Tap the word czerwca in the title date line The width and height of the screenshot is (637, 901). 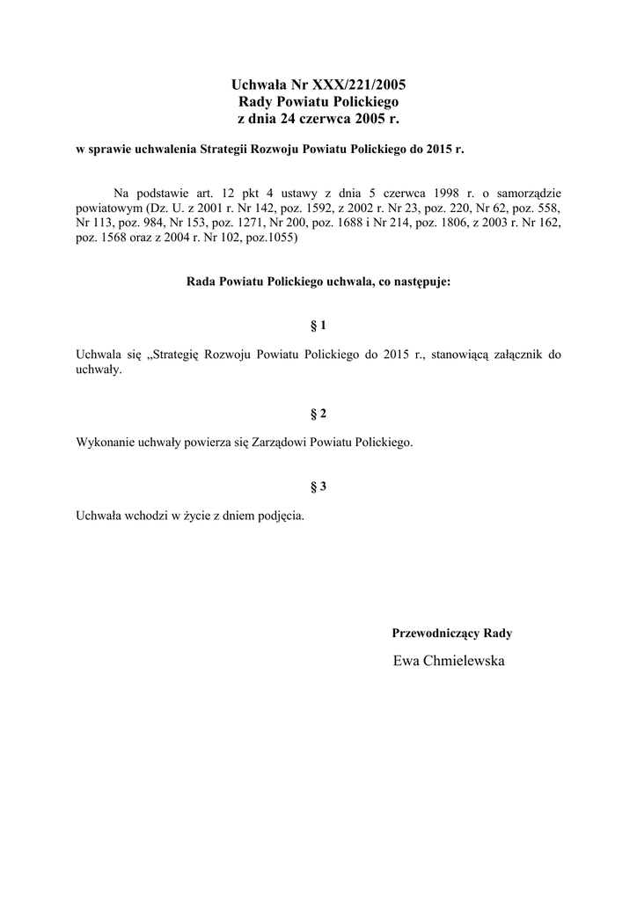click(x=325, y=118)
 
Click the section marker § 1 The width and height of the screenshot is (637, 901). click(x=318, y=326)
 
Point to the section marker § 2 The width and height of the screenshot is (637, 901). click(x=318, y=414)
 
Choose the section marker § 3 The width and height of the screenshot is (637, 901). click(x=318, y=487)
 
